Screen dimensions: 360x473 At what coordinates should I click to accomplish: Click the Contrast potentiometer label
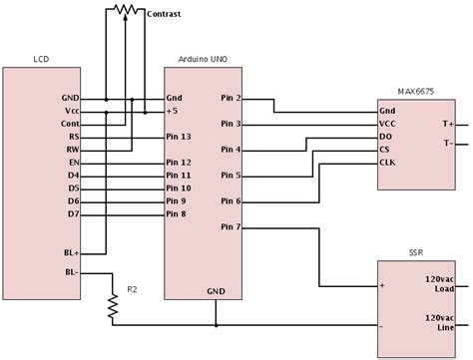click(x=164, y=16)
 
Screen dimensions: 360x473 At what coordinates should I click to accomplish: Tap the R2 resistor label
click(x=133, y=290)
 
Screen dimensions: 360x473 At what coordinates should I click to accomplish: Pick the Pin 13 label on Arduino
click(x=180, y=137)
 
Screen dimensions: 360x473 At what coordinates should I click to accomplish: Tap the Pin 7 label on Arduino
click(x=229, y=227)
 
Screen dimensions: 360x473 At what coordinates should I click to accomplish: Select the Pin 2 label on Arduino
click(x=229, y=100)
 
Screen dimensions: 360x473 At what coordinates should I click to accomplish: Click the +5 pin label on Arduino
click(x=173, y=112)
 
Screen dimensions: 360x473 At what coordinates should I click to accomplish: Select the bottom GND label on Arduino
click(x=216, y=292)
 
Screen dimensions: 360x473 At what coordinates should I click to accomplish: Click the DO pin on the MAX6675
click(x=386, y=136)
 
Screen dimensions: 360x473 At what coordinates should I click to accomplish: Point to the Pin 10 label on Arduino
click(x=180, y=187)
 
